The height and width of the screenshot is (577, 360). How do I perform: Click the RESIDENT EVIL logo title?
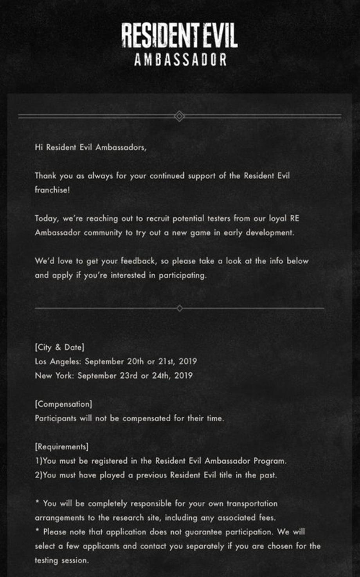coord(179,35)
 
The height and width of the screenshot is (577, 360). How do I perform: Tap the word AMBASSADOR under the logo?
coord(180,60)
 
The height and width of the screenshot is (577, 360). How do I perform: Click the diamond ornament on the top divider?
coord(179,116)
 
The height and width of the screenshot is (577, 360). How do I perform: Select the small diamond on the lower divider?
coord(180,308)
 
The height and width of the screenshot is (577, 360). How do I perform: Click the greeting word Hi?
coord(39,148)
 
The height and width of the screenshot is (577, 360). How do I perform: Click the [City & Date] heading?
coord(59,347)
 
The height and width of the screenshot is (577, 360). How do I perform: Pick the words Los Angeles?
coord(58,361)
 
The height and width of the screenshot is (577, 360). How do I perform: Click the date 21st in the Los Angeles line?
coord(166,361)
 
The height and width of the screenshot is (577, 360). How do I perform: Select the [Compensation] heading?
coord(63,404)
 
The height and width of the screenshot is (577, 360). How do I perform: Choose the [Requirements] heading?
coord(61,447)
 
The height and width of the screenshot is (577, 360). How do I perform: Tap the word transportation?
coord(252,504)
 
